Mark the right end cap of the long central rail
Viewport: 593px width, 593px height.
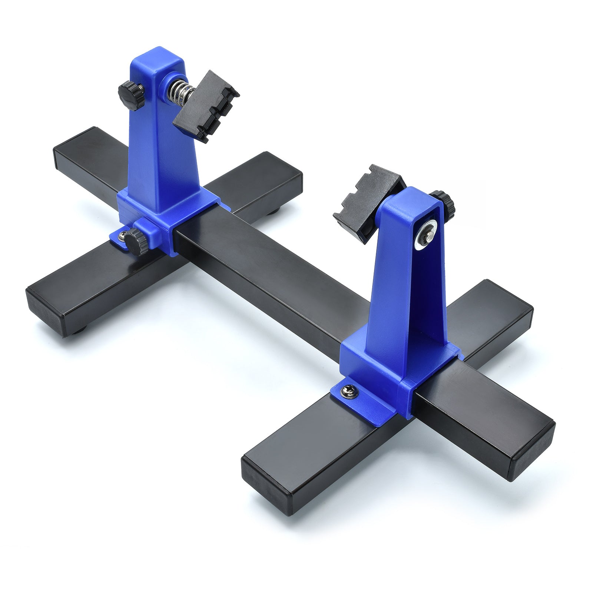(534, 443)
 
